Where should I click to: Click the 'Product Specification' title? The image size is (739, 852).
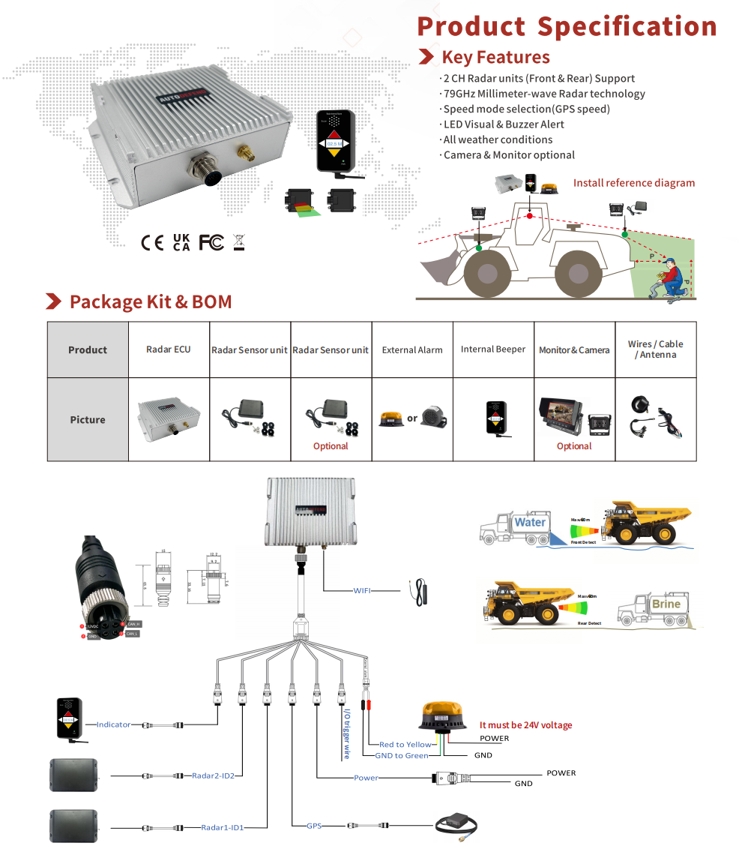pos(567,27)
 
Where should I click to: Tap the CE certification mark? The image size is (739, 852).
pos(152,242)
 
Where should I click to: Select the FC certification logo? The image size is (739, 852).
pos(211,242)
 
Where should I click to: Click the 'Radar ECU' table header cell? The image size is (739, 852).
pos(169,349)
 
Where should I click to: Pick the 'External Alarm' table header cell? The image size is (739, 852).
pos(412,349)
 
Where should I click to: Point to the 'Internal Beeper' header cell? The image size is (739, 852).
pos(493,349)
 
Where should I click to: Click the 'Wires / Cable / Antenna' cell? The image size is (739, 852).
pos(656,349)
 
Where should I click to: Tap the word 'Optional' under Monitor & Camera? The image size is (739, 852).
pos(574,446)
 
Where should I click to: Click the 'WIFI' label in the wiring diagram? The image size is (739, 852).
pos(363,590)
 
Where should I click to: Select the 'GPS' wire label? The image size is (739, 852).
pos(314,826)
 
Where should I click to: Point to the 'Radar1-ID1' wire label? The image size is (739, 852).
pos(223,827)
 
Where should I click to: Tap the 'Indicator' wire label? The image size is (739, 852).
pos(113,724)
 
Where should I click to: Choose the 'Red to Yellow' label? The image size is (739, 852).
pos(405,745)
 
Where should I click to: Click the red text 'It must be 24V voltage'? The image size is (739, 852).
pos(525,725)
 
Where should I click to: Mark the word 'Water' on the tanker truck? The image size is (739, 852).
pos(530,522)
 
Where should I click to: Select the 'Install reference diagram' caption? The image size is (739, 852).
pos(633,183)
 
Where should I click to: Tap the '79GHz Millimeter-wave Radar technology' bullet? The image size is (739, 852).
pos(543,94)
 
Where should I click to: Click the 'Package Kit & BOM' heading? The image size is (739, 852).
pos(150,301)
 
